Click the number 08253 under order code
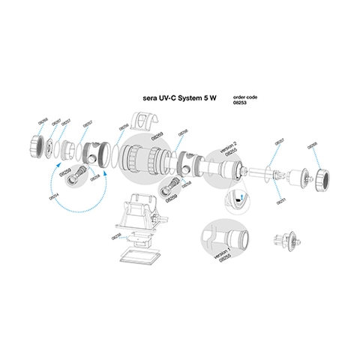coord(242,103)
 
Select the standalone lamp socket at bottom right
coord(286,241)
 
